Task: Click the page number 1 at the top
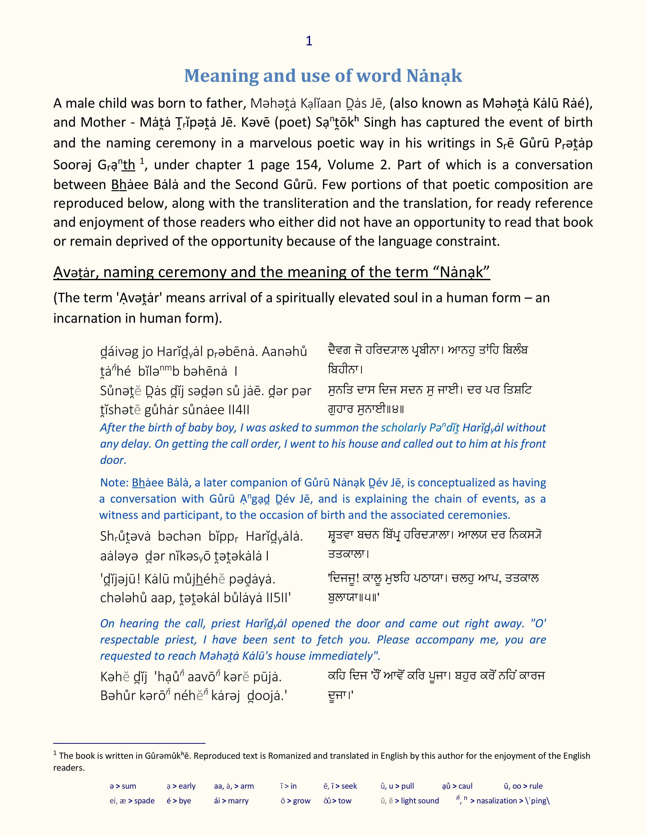pos(309,41)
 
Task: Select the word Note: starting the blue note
pos(114,483)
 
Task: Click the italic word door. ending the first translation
pos(113,460)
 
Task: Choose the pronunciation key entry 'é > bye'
pos(179,801)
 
